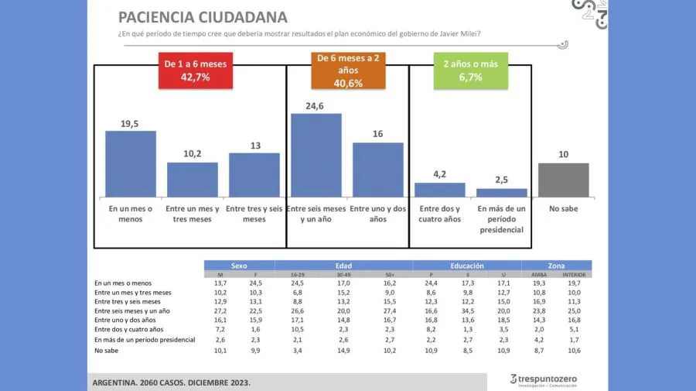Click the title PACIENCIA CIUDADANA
point(203,17)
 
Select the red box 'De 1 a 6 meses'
point(196,70)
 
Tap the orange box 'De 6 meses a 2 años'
point(349,70)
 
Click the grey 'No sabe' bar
point(564,180)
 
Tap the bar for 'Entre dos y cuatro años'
point(440,190)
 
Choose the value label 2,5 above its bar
point(502,180)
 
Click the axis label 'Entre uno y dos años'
point(378,214)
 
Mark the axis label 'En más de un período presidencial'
point(502,219)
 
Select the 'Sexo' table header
point(239,266)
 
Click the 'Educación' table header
point(466,266)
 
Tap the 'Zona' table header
point(556,266)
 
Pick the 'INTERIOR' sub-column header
point(574,274)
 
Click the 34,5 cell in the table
point(466,310)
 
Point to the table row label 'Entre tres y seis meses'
point(128,301)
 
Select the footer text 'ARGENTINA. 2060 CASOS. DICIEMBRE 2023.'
point(172,382)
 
